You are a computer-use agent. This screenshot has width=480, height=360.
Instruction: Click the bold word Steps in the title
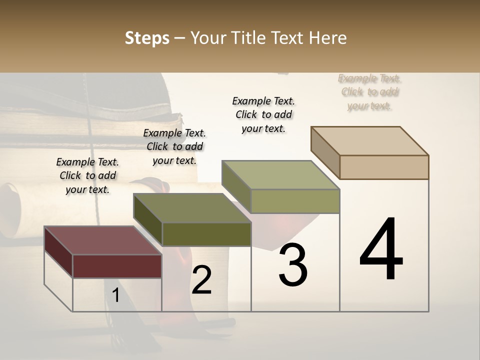point(146,38)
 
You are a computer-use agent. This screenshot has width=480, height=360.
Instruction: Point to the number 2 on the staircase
point(201,280)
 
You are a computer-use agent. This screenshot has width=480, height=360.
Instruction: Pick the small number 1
point(115,295)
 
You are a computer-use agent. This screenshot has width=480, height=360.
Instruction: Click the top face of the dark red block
point(102,240)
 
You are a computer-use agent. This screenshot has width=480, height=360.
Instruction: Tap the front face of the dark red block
point(117,266)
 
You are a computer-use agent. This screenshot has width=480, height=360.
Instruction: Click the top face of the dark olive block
point(192,208)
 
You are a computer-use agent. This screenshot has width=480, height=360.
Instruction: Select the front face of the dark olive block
point(206,234)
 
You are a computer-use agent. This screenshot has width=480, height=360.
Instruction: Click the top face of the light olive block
point(281,175)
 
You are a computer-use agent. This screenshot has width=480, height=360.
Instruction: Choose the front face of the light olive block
point(295,201)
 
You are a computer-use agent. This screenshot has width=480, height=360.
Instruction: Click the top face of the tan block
point(370,141)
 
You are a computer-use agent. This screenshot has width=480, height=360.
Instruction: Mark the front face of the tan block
point(384,167)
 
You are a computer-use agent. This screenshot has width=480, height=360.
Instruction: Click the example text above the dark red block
point(87,175)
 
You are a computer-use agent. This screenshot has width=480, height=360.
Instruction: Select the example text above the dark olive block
point(174,146)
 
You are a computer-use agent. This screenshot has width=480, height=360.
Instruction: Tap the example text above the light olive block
point(263,114)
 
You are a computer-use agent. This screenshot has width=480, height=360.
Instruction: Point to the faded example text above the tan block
point(370,92)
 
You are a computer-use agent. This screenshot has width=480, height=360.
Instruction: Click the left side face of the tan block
point(325,153)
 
